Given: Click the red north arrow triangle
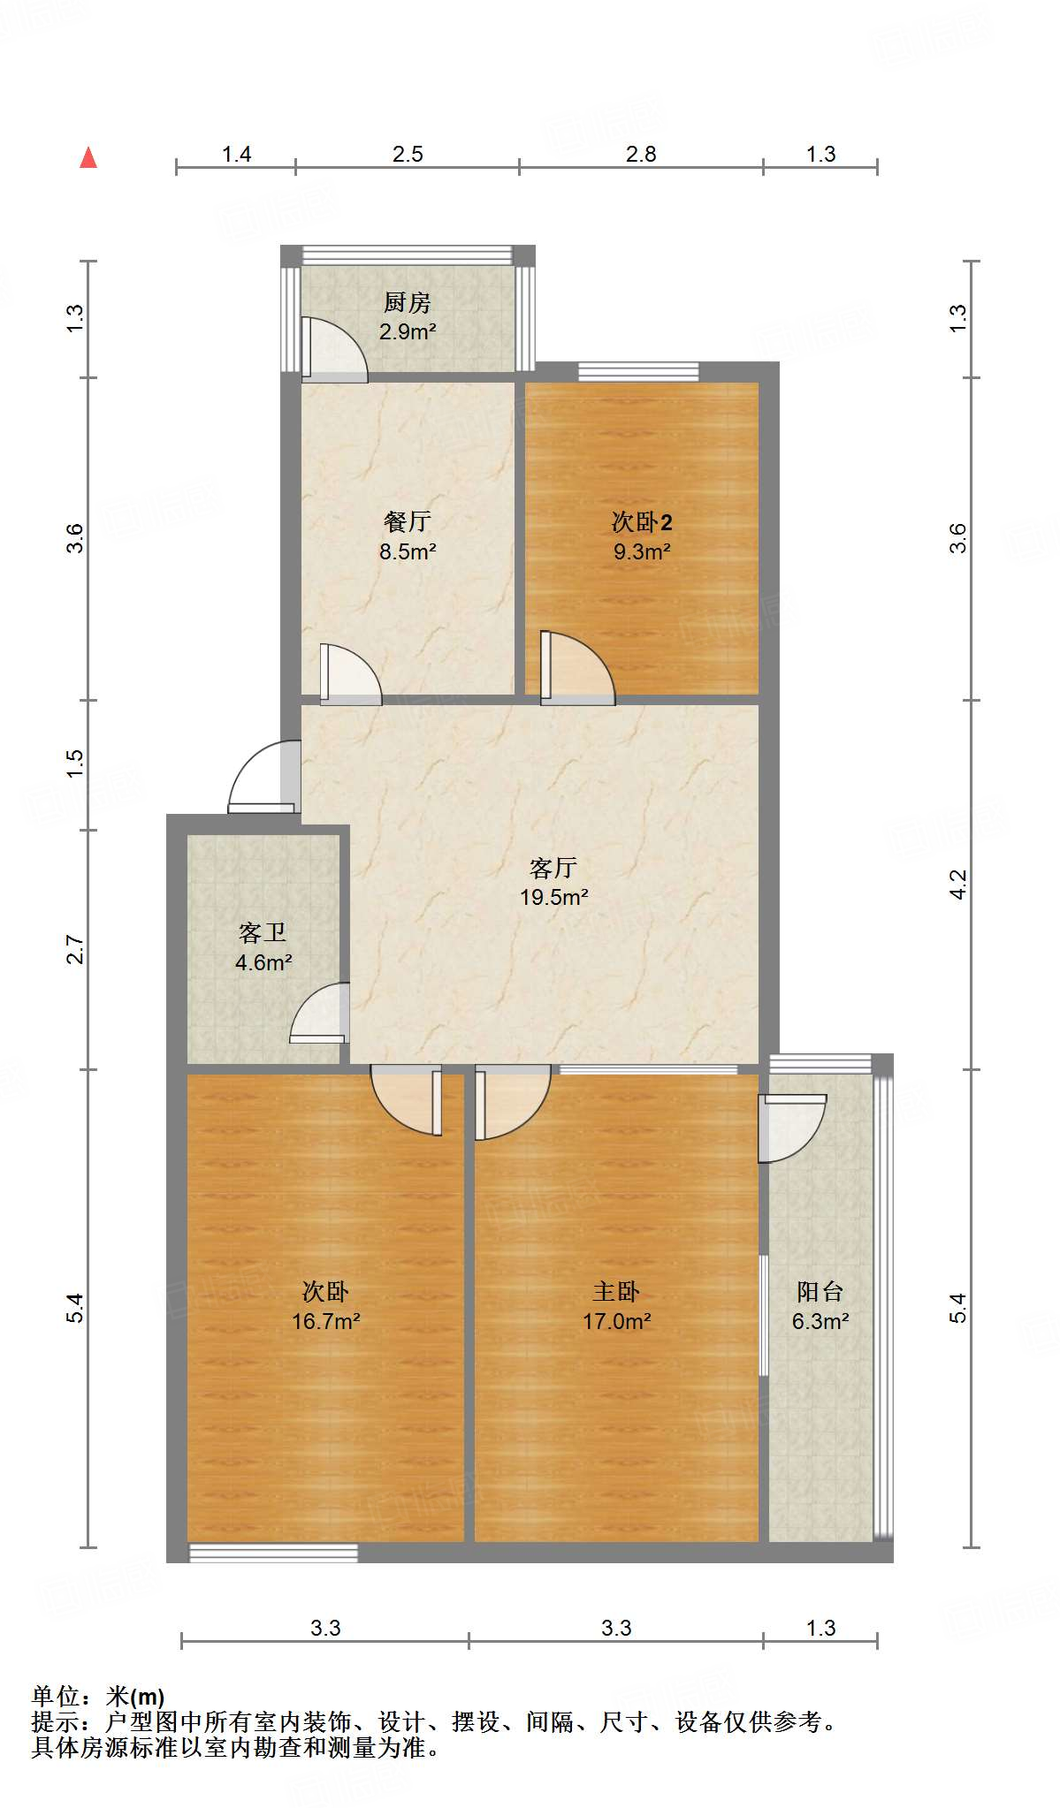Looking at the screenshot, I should [88, 158].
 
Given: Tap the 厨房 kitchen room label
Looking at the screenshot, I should [407, 303].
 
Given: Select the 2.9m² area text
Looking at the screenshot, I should [407, 332].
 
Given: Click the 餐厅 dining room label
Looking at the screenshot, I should [407, 521].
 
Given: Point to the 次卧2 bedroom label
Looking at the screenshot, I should [642, 521].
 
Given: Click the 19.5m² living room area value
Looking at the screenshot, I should [553, 897].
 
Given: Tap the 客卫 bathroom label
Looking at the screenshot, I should [263, 933].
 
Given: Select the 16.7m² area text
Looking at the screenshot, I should [325, 1321].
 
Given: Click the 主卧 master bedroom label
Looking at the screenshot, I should [616, 1292].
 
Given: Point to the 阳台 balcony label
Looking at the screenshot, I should [820, 1292].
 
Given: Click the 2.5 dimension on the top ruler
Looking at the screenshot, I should [408, 155].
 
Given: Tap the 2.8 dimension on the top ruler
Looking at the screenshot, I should [641, 155].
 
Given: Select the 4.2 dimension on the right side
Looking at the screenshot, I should [958, 884].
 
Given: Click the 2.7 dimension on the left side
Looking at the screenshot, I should [76, 950].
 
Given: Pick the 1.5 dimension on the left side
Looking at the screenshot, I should [76, 763].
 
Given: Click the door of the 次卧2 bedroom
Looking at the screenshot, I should [576, 668].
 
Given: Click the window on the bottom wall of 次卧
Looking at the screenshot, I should [274, 1553].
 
